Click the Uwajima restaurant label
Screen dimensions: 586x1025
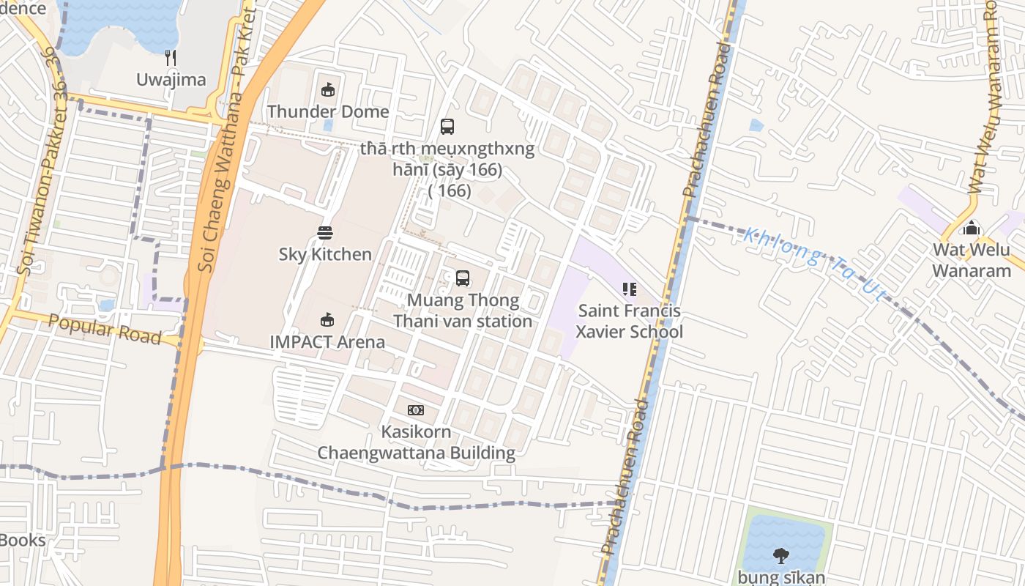(x=171, y=80)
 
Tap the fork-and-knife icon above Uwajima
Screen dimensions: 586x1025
(x=171, y=58)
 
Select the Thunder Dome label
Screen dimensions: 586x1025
(x=327, y=111)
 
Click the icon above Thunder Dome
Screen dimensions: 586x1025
(x=327, y=90)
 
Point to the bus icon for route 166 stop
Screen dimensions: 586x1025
(x=447, y=126)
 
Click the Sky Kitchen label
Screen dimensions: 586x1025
(x=325, y=254)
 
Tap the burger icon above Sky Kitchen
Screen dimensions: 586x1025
(x=325, y=233)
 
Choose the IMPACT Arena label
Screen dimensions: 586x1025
(x=327, y=341)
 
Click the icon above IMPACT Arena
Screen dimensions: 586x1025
(x=327, y=319)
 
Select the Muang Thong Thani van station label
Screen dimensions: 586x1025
(x=463, y=311)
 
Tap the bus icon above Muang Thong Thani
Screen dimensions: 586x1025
(x=463, y=278)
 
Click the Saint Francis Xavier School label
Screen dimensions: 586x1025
(x=629, y=321)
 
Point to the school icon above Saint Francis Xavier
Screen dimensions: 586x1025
(x=629, y=289)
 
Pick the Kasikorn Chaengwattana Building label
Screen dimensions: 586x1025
(x=416, y=442)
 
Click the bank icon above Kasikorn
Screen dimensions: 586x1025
(x=416, y=409)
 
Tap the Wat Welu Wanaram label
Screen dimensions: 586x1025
(x=972, y=260)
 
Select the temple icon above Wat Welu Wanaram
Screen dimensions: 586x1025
(x=972, y=228)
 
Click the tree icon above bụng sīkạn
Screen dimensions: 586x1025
(x=781, y=555)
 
